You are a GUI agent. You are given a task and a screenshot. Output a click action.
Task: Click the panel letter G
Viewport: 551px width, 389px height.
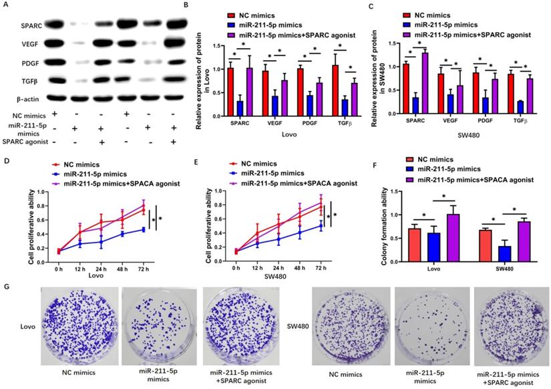tap(6, 285)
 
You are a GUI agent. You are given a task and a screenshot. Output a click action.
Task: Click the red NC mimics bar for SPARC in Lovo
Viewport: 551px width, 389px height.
tap(230, 88)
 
